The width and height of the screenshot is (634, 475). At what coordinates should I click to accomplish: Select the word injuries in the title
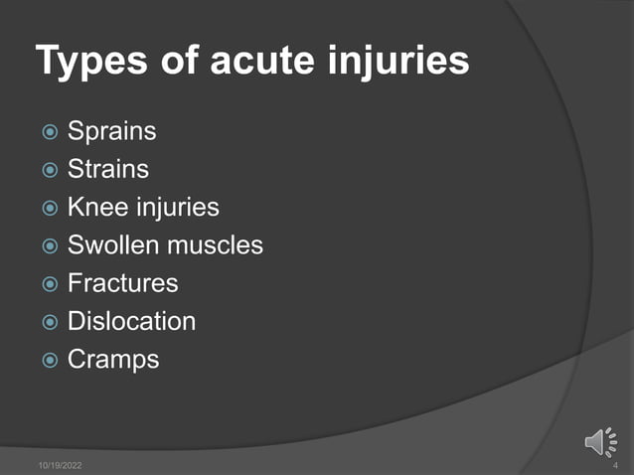401,62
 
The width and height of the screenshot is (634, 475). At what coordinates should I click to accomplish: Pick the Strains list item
107,170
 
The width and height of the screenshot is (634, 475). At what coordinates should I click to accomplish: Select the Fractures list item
122,283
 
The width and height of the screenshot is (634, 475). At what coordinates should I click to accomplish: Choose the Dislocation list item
131,321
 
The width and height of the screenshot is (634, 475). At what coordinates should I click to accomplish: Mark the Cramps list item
113,359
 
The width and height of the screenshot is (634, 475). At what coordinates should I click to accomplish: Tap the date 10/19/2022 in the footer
61,464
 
